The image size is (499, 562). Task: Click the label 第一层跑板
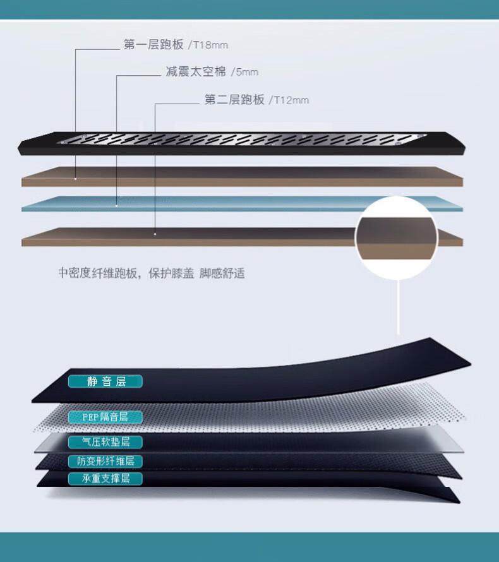[x=153, y=45]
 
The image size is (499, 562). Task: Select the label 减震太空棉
[x=195, y=72]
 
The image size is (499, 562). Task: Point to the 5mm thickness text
[x=245, y=73]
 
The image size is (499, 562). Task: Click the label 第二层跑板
[x=234, y=100]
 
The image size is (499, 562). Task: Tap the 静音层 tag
[x=105, y=381]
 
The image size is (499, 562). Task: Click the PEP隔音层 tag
[x=105, y=417]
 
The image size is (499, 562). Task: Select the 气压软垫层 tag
[x=105, y=442]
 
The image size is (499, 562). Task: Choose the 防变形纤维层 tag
[x=105, y=462]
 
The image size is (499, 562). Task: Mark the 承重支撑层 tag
[x=105, y=478]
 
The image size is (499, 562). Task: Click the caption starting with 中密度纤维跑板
[x=152, y=273]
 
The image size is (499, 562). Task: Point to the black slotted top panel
[x=240, y=143]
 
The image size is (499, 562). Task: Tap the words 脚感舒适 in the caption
[x=222, y=273]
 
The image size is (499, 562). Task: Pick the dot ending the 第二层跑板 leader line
[x=155, y=233]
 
